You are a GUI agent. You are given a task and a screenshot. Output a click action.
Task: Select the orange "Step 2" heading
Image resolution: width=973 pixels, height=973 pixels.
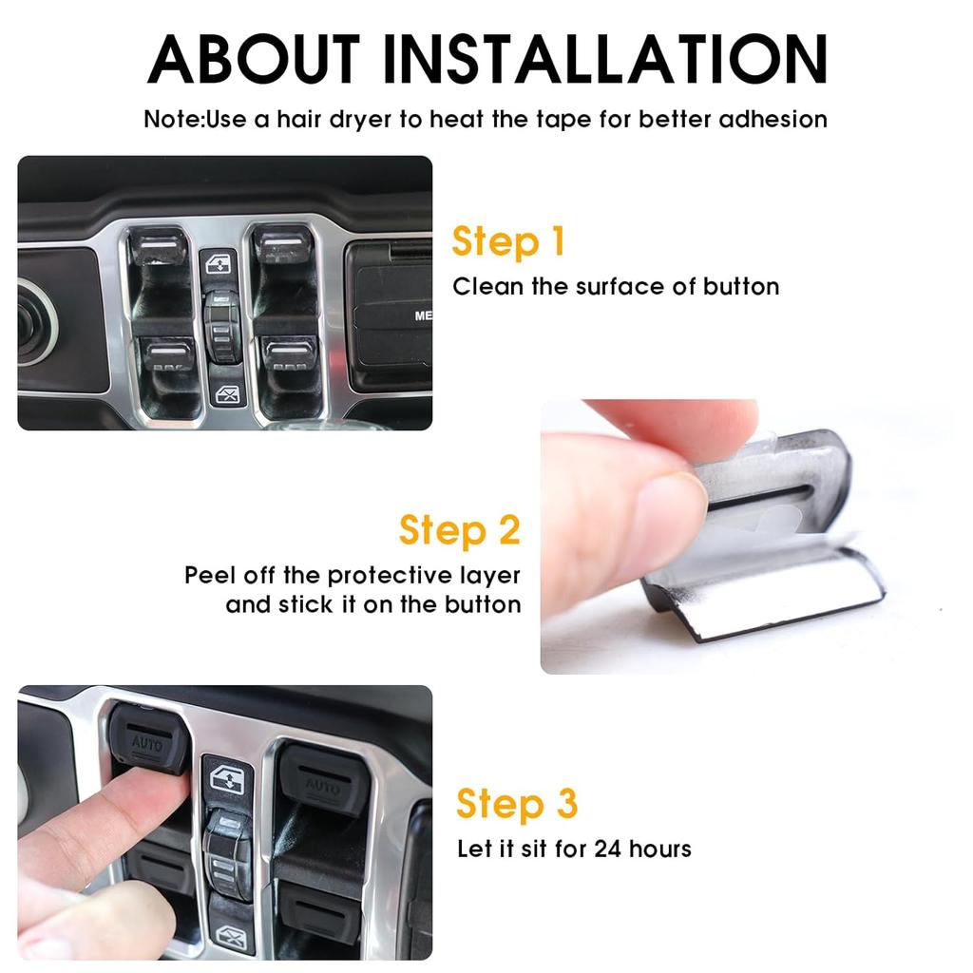pyautogui.click(x=460, y=530)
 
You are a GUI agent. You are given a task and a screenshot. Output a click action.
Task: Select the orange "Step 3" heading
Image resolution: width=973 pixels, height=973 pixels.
pyautogui.click(x=517, y=804)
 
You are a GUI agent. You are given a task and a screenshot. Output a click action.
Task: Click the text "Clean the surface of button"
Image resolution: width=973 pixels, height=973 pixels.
pyautogui.click(x=616, y=287)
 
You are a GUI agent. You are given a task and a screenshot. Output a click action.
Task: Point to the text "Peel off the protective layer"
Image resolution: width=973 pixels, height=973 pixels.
pyautogui.click(x=353, y=576)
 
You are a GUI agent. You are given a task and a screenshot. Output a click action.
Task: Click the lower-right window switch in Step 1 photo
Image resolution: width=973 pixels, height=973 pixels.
pyautogui.click(x=289, y=354)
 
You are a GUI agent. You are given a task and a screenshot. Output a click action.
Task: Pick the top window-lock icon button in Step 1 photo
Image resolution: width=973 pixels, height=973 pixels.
pyautogui.click(x=220, y=263)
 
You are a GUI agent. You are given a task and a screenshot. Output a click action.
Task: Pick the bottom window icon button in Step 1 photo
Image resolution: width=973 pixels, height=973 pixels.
pyautogui.click(x=227, y=394)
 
